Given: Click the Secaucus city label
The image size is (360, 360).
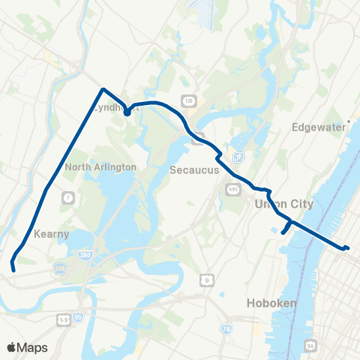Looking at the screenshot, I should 194,170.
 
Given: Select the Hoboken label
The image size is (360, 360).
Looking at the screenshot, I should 272,303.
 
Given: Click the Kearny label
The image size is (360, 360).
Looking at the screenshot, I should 51,234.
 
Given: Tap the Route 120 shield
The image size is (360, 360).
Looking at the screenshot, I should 189,100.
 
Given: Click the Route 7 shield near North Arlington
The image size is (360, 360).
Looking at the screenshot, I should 68,197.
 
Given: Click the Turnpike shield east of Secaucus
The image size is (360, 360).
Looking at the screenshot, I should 238,157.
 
